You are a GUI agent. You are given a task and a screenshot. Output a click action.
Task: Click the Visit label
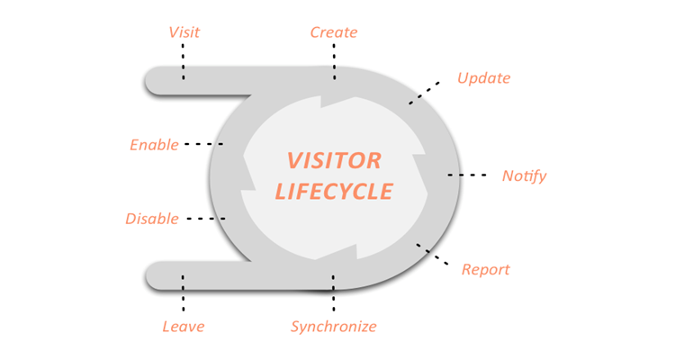point(184,32)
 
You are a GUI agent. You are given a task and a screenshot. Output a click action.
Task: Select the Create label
point(334,32)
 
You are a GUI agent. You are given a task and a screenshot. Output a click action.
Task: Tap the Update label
point(483,77)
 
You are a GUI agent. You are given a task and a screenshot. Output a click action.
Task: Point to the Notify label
point(524,175)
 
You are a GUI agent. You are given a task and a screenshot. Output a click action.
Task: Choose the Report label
point(485,269)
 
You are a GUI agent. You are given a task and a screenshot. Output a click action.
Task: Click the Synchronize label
point(333,326)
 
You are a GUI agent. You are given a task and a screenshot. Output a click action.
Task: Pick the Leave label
point(183,326)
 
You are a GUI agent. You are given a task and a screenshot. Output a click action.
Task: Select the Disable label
point(151,219)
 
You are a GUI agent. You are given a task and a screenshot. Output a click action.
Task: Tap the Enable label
point(154,144)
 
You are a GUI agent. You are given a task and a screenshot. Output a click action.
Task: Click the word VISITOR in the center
point(334,161)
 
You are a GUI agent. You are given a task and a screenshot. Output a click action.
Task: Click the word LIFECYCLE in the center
point(334,191)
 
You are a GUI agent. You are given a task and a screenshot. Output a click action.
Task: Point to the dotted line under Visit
point(184,61)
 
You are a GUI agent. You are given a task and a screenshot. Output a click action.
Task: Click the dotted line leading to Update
point(425,92)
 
